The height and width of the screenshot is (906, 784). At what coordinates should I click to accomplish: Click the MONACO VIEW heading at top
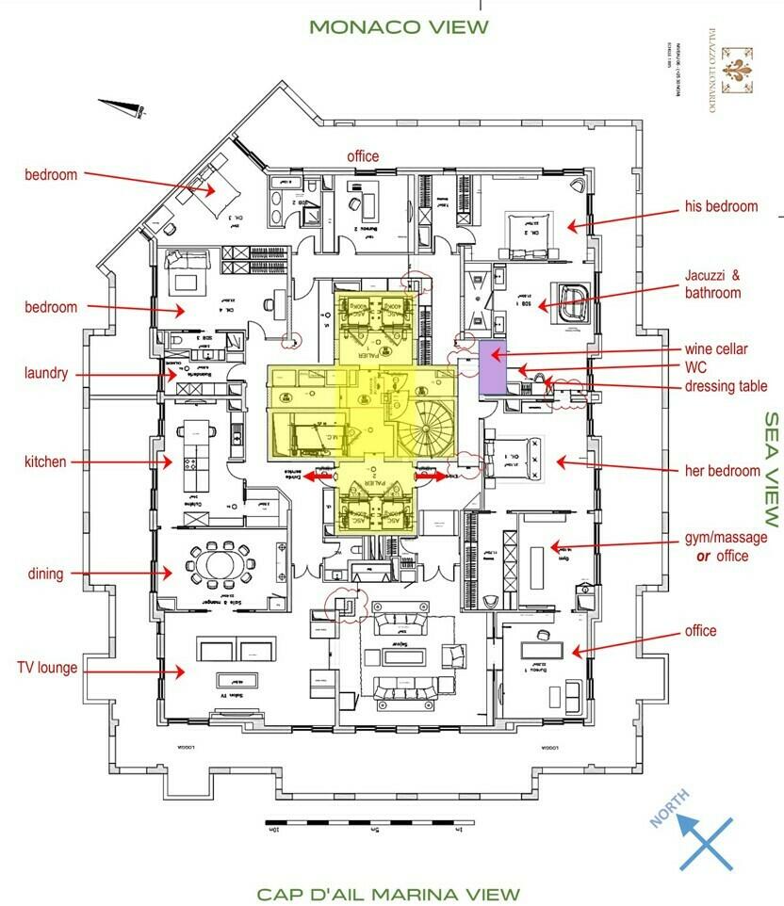400,26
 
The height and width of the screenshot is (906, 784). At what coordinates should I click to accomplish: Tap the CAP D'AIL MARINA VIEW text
388,894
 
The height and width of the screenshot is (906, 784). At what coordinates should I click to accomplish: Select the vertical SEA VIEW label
772,468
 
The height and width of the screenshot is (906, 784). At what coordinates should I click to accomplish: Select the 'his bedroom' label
722,207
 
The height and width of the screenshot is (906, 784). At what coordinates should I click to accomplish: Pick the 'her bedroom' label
723,471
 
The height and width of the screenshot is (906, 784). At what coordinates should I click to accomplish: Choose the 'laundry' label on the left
46,374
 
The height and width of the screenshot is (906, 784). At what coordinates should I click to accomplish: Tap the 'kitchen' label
46,461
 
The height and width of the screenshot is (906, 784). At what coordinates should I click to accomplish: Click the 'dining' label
46,573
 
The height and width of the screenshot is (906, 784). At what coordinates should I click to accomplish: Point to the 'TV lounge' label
47,668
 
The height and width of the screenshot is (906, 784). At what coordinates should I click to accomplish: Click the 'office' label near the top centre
363,156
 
